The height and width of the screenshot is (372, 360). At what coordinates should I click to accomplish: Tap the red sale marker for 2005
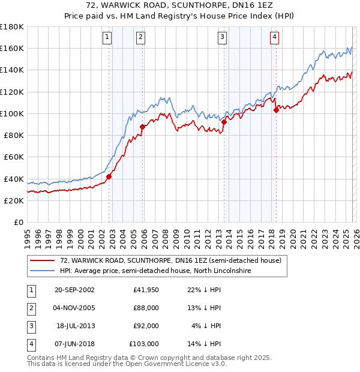point(142,127)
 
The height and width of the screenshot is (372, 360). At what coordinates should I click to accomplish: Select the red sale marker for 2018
point(276,110)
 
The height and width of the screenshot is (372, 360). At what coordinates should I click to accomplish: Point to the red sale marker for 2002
point(109,176)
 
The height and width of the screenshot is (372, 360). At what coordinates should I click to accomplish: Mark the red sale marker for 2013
point(224,122)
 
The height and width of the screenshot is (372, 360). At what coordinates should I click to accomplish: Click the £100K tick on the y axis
point(12,113)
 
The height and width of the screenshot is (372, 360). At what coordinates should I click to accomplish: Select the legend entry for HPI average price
point(155,271)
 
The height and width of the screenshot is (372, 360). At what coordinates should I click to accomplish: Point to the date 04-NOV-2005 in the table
point(74,307)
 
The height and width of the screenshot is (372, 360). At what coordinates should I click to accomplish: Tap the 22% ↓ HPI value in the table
point(204,289)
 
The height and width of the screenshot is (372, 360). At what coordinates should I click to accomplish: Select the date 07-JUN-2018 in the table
point(74,344)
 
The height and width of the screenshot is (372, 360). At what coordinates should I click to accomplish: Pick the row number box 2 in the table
point(30,307)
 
